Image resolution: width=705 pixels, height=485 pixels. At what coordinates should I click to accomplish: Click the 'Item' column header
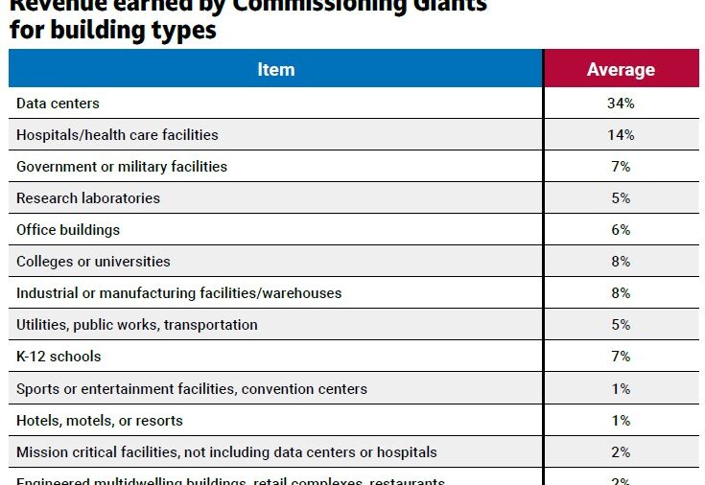pos(275,69)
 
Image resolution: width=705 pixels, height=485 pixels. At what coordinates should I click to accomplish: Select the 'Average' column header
pos(621,69)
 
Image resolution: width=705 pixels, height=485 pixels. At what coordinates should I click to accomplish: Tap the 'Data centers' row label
pos(58,104)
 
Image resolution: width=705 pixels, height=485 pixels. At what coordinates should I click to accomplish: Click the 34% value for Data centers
pos(621,104)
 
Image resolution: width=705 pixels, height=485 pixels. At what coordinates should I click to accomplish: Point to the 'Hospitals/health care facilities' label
pos(117,135)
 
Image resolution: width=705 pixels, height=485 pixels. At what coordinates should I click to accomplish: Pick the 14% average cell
pos(621,135)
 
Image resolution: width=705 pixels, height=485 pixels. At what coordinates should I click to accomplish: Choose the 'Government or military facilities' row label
pos(122,167)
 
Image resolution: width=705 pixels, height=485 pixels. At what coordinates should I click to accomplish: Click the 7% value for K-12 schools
pos(621,357)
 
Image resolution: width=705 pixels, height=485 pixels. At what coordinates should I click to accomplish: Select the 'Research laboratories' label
pos(88,198)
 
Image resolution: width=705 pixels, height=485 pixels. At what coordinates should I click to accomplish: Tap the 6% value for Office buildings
pos(621,230)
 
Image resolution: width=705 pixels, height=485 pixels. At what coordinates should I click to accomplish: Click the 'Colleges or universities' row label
pos(93,262)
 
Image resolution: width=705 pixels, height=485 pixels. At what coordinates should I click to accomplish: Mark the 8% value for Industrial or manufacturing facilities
pos(621,293)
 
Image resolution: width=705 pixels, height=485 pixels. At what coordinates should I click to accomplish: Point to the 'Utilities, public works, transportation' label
pos(137,325)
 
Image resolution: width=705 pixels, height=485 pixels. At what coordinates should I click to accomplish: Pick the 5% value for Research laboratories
pos(621,198)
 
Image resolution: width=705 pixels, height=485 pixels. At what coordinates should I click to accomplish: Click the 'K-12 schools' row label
pos(59,357)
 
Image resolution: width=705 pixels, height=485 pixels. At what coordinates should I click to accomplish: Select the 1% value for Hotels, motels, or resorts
pos(621,421)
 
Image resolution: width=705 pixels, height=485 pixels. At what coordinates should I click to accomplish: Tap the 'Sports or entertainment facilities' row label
pos(192,389)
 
